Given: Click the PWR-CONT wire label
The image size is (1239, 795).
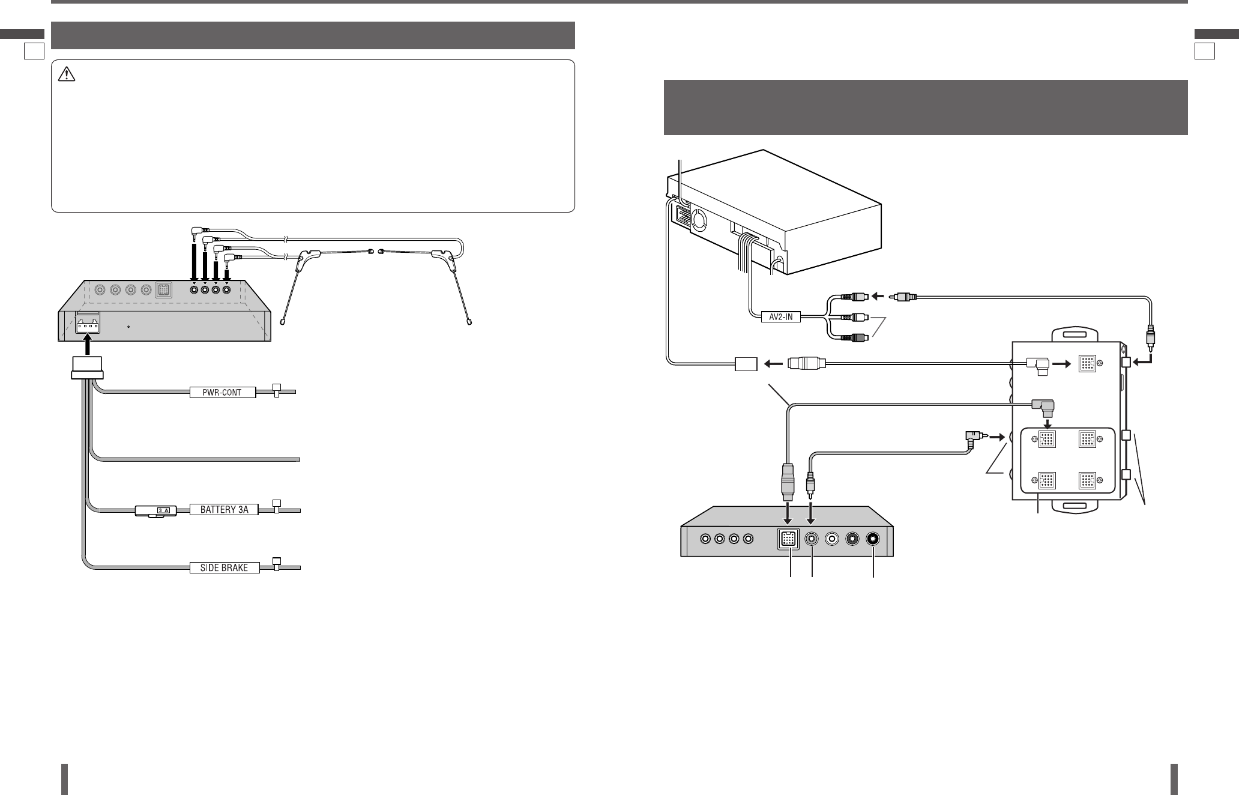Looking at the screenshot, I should click(222, 393).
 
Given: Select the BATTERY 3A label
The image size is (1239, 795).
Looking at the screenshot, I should click(224, 510).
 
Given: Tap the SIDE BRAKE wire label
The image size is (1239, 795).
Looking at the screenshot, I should click(225, 567).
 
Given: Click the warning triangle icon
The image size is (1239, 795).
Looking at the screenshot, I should click(65, 74).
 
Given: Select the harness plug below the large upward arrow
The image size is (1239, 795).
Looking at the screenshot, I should click(87, 367).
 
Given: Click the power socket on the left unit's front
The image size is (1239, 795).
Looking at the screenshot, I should click(88, 325).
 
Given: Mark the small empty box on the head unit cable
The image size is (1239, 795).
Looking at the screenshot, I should click(747, 363).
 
